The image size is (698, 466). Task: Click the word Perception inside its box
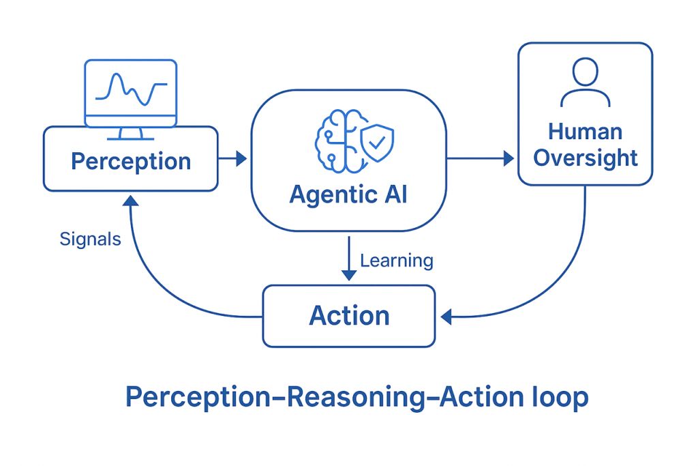pyautogui.click(x=131, y=162)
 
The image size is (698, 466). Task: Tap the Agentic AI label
pyautogui.click(x=348, y=194)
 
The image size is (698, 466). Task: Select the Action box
pyautogui.click(x=348, y=316)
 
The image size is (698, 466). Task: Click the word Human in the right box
pyautogui.click(x=585, y=131)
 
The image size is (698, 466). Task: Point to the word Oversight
pyautogui.click(x=585, y=158)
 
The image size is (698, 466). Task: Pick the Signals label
pyautogui.click(x=90, y=239)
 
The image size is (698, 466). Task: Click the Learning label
pyautogui.click(x=396, y=260)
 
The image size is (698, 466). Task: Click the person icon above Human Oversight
pyautogui.click(x=585, y=82)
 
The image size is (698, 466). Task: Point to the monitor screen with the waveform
pyautogui.click(x=130, y=91)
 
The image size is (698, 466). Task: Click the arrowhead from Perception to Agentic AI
pyautogui.click(x=241, y=159)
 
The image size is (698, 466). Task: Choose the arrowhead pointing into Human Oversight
pyautogui.click(x=508, y=158)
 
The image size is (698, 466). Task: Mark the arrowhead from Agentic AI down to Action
pyautogui.click(x=348, y=274)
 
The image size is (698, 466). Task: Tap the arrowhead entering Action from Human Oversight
pyautogui.click(x=447, y=316)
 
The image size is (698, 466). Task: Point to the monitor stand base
pyautogui.click(x=130, y=136)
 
